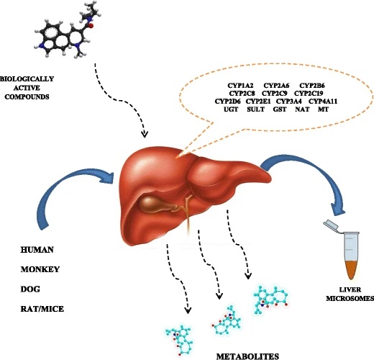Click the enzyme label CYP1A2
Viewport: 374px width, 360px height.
pos(240,86)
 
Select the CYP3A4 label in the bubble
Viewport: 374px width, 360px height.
pos(289,102)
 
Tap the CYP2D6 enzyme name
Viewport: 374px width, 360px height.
pos(228,102)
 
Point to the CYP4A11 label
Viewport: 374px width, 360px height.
pos(323,102)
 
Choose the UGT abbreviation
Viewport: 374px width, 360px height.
pos(231,109)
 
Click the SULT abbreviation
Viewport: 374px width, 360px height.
pos(255,109)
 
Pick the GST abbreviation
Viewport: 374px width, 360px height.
pos(280,109)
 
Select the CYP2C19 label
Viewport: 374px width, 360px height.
pos(309,93)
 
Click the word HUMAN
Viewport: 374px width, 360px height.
pos(37,250)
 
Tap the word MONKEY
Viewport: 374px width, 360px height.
pos(40,269)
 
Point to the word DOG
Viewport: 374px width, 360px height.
pos(30,289)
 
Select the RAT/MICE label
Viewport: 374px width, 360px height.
pos(42,309)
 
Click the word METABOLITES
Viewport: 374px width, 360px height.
pos(247,356)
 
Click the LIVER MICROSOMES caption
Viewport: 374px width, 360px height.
pos(350,294)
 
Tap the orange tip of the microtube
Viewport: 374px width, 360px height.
pos(351,270)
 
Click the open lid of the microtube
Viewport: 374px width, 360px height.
pos(331,225)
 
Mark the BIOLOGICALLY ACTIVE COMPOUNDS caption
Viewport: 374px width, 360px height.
pos(27,88)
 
